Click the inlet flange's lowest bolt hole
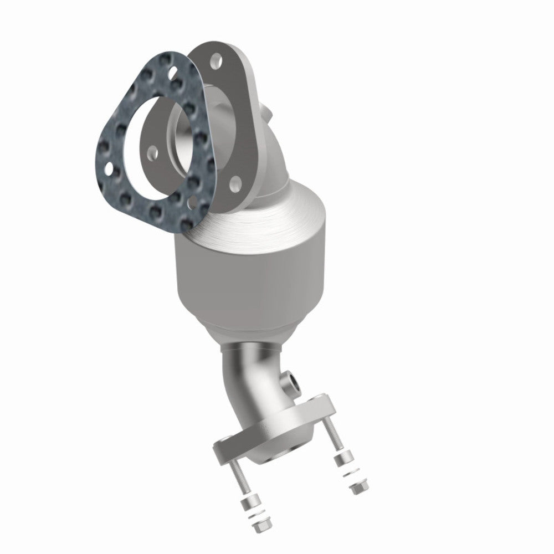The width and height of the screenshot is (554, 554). click(235, 181)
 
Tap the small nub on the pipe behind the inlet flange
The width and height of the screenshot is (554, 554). click(270, 114)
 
